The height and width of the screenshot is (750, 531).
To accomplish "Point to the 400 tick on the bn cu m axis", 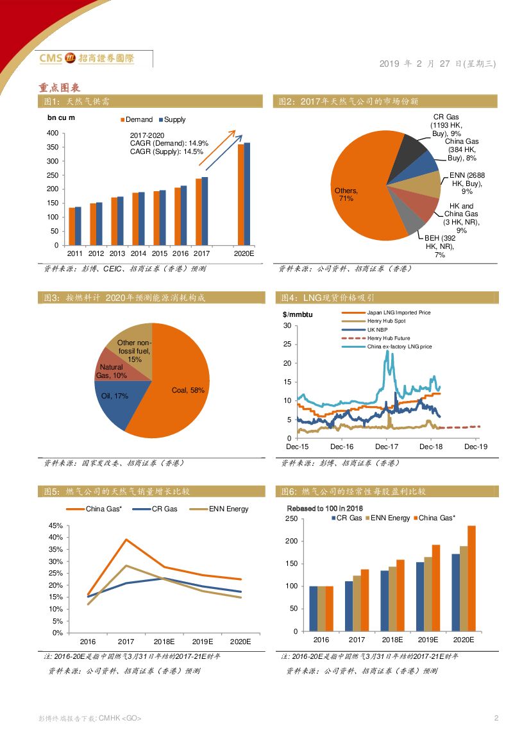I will tap(53, 133).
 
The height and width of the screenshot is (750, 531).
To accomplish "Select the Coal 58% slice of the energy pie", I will tap(183, 385).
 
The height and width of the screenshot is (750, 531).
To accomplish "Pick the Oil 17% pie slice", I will tap(119, 404).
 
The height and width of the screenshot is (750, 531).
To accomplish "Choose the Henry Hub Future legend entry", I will tap(388, 338).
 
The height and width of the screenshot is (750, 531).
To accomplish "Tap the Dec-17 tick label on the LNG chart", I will tap(386, 447).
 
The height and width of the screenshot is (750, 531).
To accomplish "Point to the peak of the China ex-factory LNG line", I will tap(387, 351).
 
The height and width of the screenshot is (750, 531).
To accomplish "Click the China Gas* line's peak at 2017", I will tap(126, 540).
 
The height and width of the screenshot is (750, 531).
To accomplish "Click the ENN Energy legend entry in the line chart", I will tap(228, 509).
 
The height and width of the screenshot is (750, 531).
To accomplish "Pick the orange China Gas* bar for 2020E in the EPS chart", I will tap(471, 578).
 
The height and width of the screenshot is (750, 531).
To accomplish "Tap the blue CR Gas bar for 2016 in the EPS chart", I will tap(314, 608).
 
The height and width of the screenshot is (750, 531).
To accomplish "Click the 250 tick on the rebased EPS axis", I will tap(291, 518).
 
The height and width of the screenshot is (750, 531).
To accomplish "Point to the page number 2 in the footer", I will tap(496, 718).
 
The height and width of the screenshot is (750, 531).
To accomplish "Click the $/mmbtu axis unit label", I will tap(296, 314).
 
